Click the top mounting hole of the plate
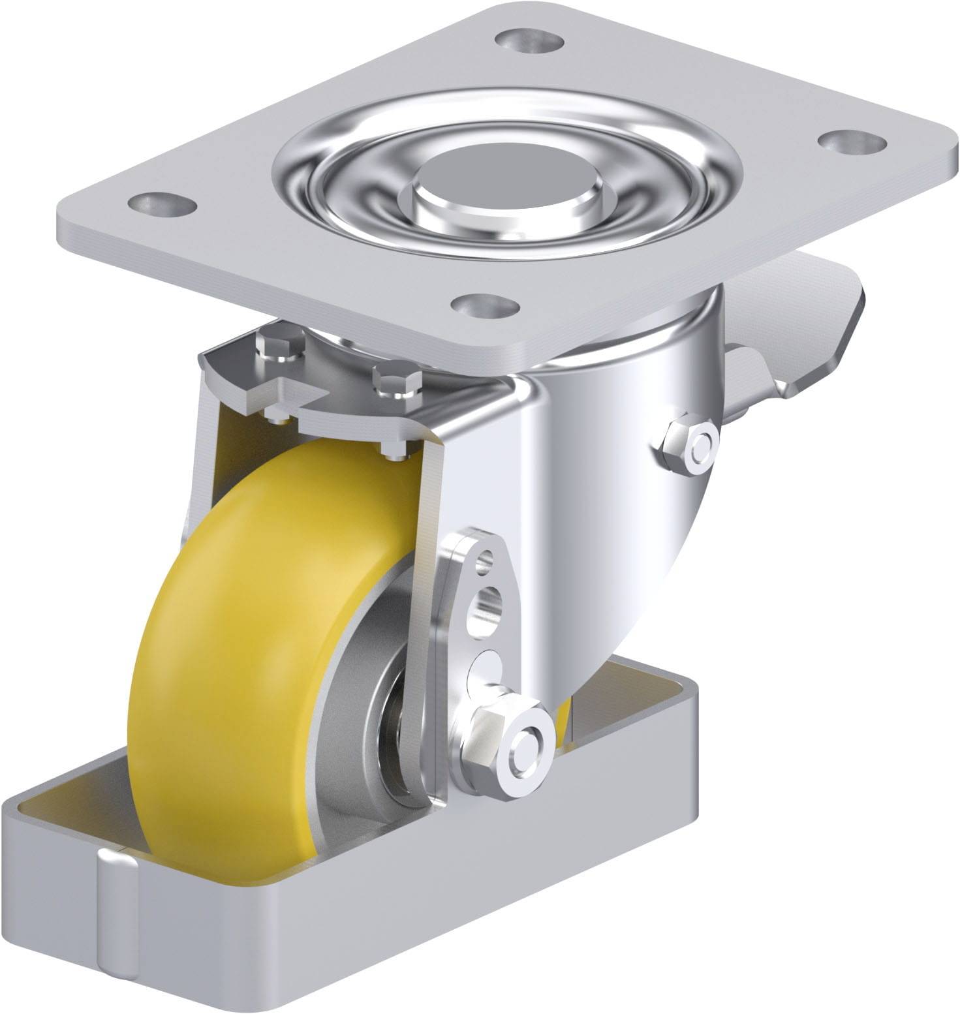click(x=529, y=40)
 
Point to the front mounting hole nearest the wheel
click(x=485, y=305)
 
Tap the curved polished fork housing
click(x=607, y=522)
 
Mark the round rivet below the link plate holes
click(x=484, y=666)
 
